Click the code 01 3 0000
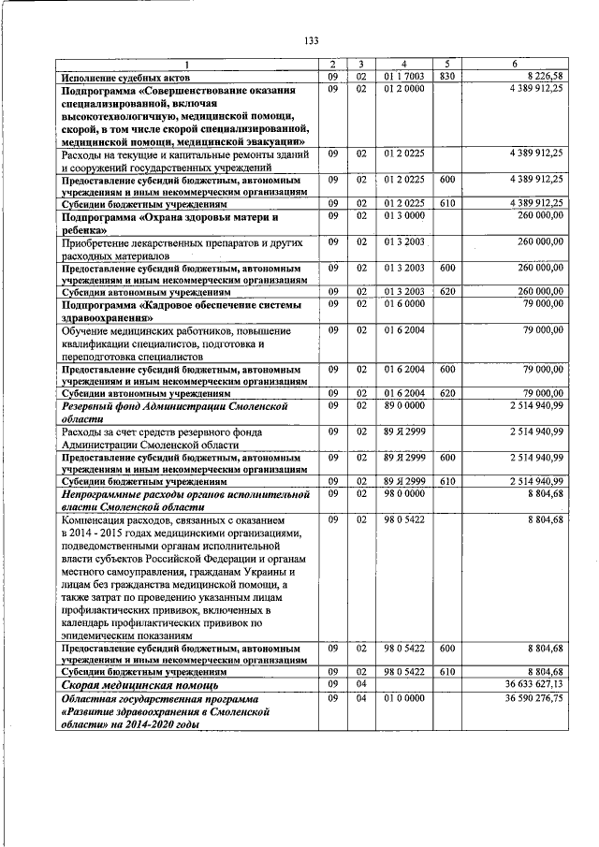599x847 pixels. tap(403, 215)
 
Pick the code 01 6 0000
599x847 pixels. tap(403, 303)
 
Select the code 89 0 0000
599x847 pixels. tap(403, 405)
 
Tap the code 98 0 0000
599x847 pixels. tap(403, 491)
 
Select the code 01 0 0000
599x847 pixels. tap(403, 697)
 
